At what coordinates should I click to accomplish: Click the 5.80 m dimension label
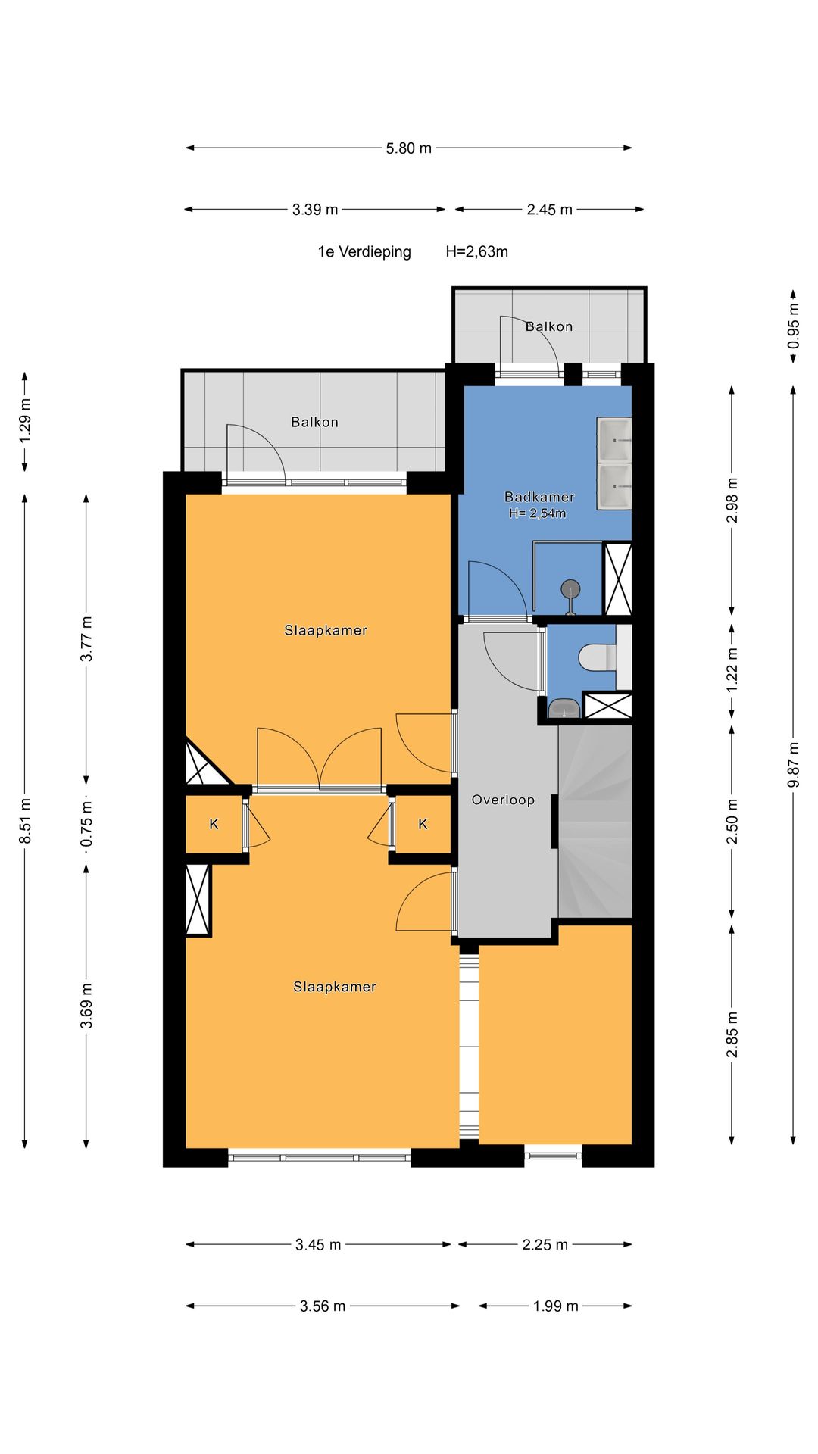click(408, 148)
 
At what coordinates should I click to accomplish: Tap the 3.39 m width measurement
click(315, 210)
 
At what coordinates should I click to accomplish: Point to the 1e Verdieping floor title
click(364, 252)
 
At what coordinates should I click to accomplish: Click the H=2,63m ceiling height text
click(476, 252)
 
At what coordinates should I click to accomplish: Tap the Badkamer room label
click(539, 497)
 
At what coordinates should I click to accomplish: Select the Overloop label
click(503, 800)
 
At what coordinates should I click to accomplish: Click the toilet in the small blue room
click(598, 656)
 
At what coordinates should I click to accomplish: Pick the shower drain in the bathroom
click(570, 588)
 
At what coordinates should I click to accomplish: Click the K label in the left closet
click(214, 824)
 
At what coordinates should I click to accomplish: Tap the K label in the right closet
click(423, 824)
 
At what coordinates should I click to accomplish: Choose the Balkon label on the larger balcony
click(314, 422)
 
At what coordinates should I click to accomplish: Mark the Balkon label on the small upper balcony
click(549, 326)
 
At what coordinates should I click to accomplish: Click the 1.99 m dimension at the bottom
click(555, 1306)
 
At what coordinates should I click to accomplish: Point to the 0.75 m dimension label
click(86, 824)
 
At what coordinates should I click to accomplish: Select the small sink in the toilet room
click(564, 708)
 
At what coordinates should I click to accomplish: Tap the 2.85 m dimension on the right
click(732, 1034)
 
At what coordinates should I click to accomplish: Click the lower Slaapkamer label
click(335, 987)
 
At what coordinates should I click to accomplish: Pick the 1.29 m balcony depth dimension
click(25, 421)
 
